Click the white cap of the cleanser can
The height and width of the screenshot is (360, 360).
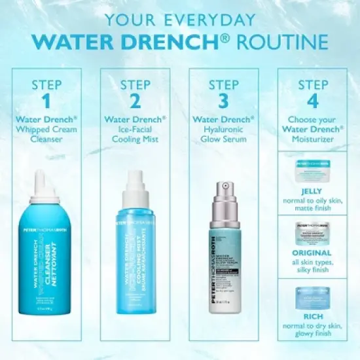point(46,187)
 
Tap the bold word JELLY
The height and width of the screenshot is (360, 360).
point(312,191)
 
